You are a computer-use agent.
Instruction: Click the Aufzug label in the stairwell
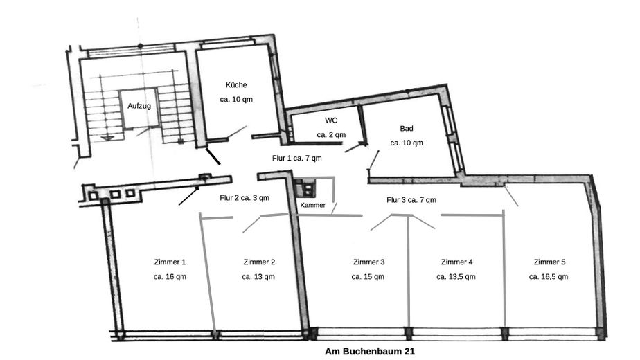pyautogui.click(x=139, y=107)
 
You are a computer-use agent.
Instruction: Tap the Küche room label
pyautogui.click(x=235, y=85)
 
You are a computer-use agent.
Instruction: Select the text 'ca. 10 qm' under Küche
pyautogui.click(x=235, y=100)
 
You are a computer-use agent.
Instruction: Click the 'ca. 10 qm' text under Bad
pyautogui.click(x=406, y=143)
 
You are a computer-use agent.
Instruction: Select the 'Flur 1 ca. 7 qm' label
pyautogui.click(x=296, y=158)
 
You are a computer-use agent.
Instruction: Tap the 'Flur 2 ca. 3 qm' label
pyautogui.click(x=245, y=197)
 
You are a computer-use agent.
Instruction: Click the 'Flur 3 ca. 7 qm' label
pyautogui.click(x=411, y=200)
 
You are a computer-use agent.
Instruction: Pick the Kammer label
pyautogui.click(x=312, y=206)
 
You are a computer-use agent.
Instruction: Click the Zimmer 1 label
pyautogui.click(x=170, y=262)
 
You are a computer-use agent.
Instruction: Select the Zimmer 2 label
pyautogui.click(x=259, y=262)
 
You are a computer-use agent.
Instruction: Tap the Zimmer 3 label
pyautogui.click(x=368, y=262)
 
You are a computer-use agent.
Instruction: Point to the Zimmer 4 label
pyautogui.click(x=456, y=262)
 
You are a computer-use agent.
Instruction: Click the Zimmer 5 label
pyautogui.click(x=549, y=262)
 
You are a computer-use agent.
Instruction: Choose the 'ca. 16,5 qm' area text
pyautogui.click(x=549, y=276)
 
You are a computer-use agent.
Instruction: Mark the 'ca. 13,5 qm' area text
pyautogui.click(x=456, y=276)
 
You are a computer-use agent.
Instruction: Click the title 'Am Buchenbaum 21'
pyautogui.click(x=370, y=352)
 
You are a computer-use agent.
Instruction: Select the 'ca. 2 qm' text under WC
pyautogui.click(x=331, y=135)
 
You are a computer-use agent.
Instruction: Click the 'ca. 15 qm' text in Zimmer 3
pyautogui.click(x=368, y=276)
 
